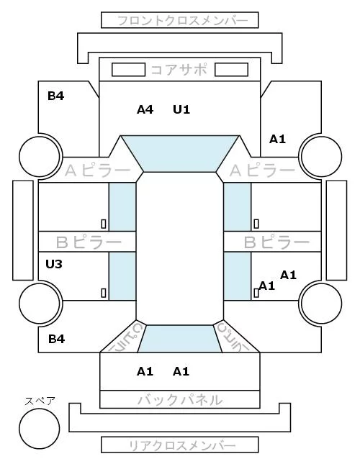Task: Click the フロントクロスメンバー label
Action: (182, 21)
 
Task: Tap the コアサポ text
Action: (179, 70)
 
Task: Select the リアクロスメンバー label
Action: (182, 445)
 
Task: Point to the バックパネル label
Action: (180, 400)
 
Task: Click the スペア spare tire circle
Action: (40, 429)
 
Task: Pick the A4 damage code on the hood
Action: (145, 110)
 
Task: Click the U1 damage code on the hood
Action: (181, 110)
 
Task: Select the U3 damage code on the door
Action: (54, 264)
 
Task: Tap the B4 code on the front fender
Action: (56, 96)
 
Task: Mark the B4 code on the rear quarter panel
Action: (57, 339)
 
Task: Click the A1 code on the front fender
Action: (277, 139)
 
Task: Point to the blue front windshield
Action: (180, 154)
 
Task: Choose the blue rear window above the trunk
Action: (180, 339)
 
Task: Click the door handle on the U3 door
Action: (104, 293)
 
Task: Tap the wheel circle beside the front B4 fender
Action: (40, 156)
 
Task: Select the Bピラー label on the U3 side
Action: (89, 242)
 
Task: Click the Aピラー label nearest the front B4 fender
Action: (97, 170)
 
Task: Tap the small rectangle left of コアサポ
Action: (128, 70)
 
